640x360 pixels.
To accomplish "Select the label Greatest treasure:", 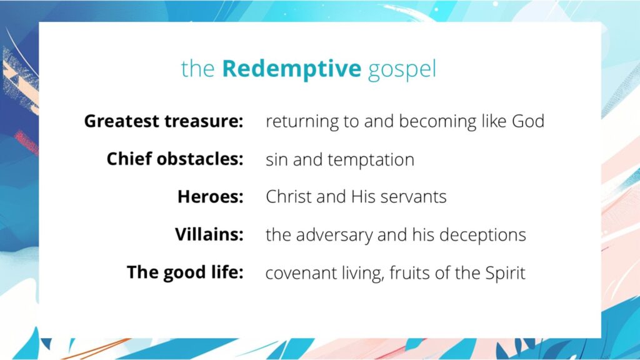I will pyautogui.click(x=164, y=121).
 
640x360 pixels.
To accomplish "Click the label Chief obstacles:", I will pyautogui.click(x=174, y=159).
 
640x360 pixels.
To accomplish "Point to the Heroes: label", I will pyautogui.click(x=210, y=197).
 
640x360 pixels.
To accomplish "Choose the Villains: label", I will pyautogui.click(x=209, y=234).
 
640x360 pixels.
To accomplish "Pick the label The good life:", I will pyautogui.click(x=185, y=272).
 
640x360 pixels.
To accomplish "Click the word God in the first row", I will pyautogui.click(x=528, y=121).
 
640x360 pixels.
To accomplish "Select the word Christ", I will pyautogui.click(x=288, y=197).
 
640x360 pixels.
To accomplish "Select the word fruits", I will pyautogui.click(x=404, y=273).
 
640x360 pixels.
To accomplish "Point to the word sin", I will pyautogui.click(x=276, y=159).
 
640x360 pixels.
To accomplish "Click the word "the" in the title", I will pyautogui.click(x=198, y=69).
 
